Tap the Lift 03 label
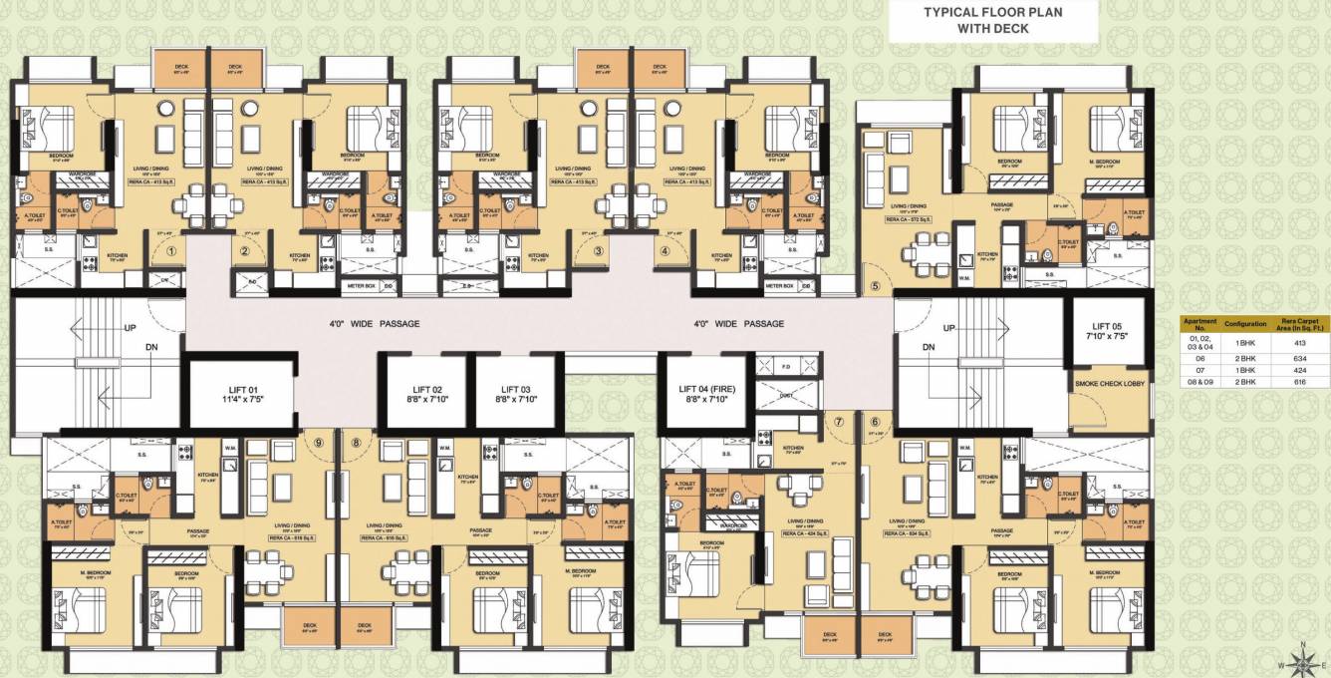tap(512, 395)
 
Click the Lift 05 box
tap(1106, 332)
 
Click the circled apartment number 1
tap(171, 252)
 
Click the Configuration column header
tap(1245, 324)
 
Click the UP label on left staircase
tap(130, 327)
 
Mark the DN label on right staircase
tap(928, 347)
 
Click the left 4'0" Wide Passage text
tap(374, 324)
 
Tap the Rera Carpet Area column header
tap(1303, 324)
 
